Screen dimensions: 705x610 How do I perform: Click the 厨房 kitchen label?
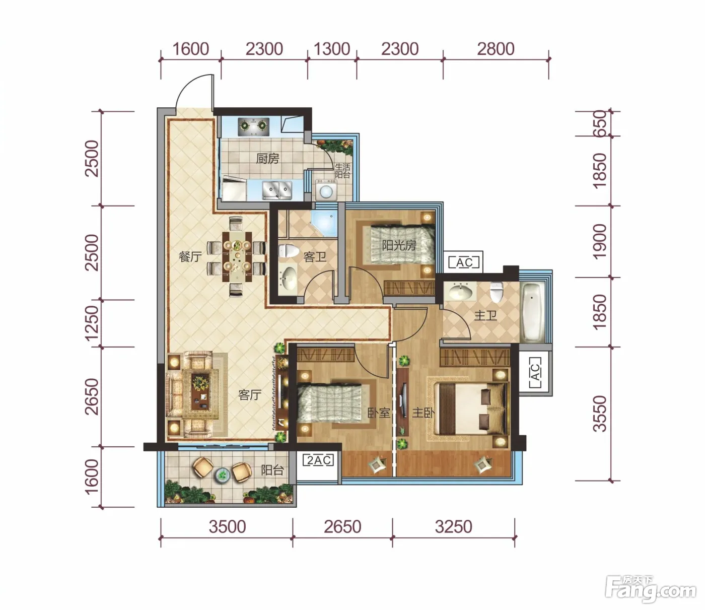(267, 159)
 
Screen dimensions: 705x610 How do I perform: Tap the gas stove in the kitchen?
(253, 127)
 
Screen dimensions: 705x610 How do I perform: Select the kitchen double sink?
(277, 190)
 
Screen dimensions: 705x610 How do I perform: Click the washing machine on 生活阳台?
(326, 190)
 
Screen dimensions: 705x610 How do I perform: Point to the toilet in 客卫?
(287, 251)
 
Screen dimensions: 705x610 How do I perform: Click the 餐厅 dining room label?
(190, 256)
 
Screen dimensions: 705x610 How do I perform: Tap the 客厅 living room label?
(250, 395)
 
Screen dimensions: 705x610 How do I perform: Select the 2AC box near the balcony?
(318, 460)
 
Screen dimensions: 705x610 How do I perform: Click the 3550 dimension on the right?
(600, 414)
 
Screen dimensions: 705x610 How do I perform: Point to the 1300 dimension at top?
(332, 49)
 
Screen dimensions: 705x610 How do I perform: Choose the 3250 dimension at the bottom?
(453, 526)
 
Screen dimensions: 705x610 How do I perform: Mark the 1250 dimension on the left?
(92, 323)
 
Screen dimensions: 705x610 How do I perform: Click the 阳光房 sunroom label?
(399, 245)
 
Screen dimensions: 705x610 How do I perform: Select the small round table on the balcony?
(222, 474)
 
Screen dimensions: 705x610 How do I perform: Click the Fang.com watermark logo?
(651, 589)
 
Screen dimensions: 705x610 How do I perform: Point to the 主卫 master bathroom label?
(485, 315)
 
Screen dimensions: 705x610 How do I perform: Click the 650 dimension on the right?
(600, 123)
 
